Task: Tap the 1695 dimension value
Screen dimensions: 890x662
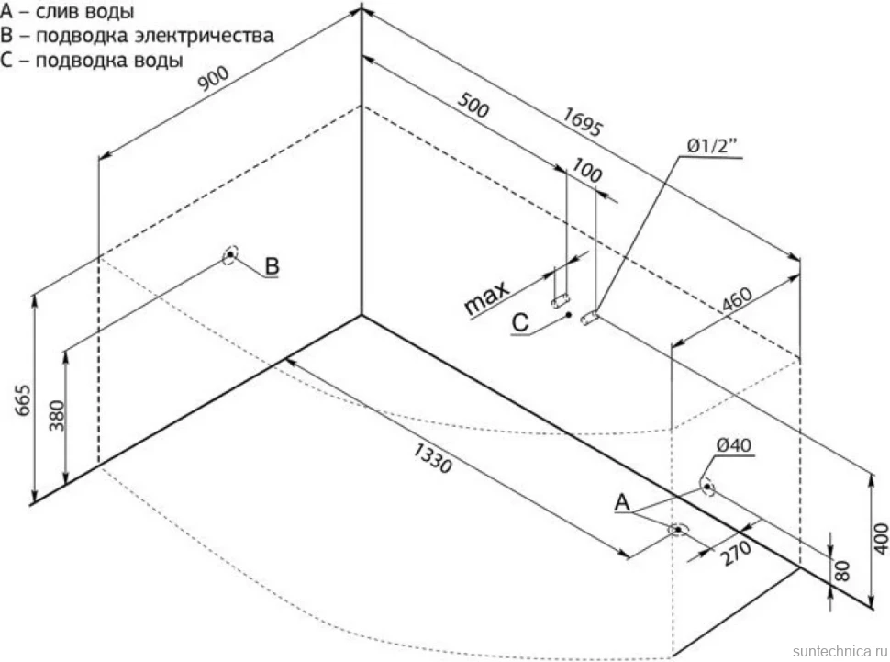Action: (x=582, y=121)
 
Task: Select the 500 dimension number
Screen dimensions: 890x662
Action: (x=473, y=105)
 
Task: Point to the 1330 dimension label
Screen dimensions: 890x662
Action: (x=432, y=458)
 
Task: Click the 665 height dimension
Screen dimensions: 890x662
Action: (x=23, y=400)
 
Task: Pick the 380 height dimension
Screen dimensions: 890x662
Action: (x=57, y=415)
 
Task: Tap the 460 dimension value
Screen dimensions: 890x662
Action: (x=737, y=299)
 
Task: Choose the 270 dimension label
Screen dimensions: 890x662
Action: (x=736, y=553)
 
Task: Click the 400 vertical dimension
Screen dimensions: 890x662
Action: (x=880, y=539)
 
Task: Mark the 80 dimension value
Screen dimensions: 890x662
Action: (x=843, y=570)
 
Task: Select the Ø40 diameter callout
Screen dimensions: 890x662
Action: (x=733, y=445)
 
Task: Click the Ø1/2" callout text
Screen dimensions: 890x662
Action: (x=712, y=146)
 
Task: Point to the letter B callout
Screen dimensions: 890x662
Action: (x=272, y=266)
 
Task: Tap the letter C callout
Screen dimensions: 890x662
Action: (x=520, y=323)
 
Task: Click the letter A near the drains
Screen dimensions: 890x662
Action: (x=623, y=502)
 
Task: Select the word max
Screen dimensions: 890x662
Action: (x=486, y=299)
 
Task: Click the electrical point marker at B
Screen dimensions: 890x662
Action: (x=230, y=255)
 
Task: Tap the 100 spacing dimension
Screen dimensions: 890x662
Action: (x=586, y=171)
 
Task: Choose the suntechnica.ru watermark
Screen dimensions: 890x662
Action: (x=840, y=651)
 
